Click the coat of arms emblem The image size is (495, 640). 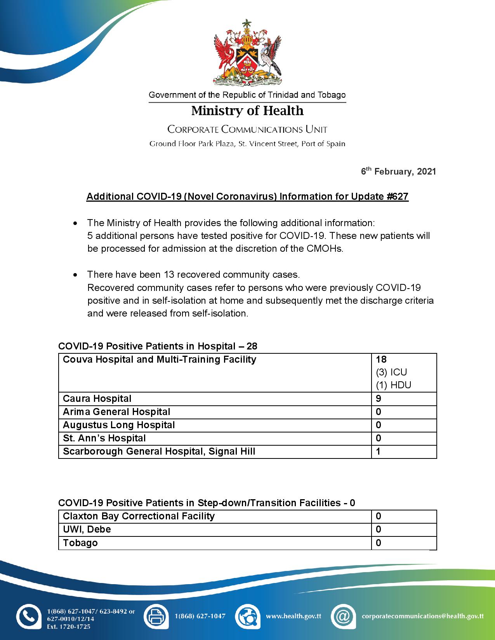click(x=247, y=52)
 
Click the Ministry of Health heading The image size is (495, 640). click(x=247, y=111)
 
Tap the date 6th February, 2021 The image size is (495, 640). click(x=398, y=171)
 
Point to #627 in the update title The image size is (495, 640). click(x=398, y=196)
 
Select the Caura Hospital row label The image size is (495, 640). click(x=97, y=399)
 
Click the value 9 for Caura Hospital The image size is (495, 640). click(x=379, y=399)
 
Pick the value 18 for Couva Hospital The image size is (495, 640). click(x=381, y=360)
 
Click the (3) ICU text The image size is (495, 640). click(x=391, y=372)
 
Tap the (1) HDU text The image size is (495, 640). click(x=393, y=385)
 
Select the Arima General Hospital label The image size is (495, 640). click(x=116, y=412)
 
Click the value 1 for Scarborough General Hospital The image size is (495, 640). click(x=379, y=451)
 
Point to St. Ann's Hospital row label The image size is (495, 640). click(x=104, y=438)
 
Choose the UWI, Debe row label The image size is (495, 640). click(x=87, y=529)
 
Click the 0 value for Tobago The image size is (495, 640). click(x=379, y=543)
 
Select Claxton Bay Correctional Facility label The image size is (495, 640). click(x=139, y=516)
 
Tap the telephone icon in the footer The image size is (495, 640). click(x=28, y=616)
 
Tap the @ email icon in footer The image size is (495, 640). click(x=343, y=616)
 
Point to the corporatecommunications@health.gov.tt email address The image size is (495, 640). click(x=422, y=616)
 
